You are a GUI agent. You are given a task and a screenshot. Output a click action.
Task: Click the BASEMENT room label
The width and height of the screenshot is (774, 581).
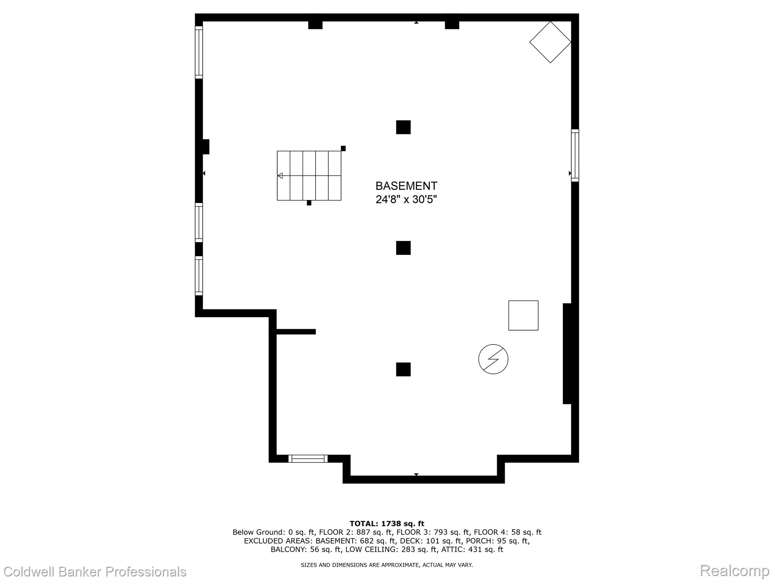406,186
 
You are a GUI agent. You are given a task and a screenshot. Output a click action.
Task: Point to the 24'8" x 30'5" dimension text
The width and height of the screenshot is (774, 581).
406,199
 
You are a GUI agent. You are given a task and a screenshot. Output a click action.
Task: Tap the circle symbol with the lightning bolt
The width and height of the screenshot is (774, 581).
493,359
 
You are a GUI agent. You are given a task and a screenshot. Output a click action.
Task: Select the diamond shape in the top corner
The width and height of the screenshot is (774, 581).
550,42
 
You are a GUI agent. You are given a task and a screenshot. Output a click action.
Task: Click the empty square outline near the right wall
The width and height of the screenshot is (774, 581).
523,315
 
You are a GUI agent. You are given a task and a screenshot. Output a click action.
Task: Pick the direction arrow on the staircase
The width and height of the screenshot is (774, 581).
280,176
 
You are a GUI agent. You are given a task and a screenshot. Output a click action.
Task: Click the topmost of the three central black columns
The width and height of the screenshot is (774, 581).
403,127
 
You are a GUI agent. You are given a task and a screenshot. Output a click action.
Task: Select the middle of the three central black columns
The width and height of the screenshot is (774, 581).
403,248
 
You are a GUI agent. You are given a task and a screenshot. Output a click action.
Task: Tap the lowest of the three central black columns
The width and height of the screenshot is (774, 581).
403,369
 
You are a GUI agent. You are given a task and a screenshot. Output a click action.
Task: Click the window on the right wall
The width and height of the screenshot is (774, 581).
575,155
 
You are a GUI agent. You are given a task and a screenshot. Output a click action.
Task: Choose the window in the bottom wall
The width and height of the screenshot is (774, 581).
308,458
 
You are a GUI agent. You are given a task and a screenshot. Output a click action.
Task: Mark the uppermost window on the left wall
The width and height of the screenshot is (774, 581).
199,52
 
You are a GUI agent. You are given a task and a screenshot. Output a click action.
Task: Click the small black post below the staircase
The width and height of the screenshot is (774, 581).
309,203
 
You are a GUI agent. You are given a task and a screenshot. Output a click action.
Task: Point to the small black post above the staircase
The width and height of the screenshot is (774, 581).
343,148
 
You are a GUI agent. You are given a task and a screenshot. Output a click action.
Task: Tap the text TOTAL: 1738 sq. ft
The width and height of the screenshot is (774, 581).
387,524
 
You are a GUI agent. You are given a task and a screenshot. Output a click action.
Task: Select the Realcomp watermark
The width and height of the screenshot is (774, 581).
734,570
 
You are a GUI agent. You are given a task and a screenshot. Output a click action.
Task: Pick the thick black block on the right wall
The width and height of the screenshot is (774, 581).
567,354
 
